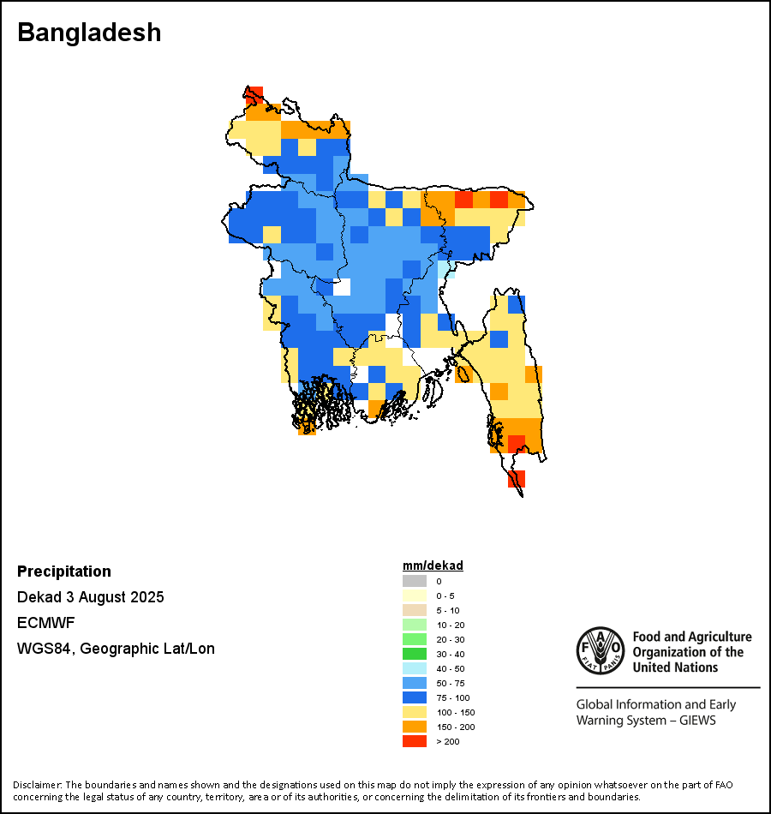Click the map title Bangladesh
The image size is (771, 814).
click(x=89, y=33)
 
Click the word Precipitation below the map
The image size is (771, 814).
click(x=64, y=572)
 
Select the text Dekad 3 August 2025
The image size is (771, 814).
click(x=91, y=597)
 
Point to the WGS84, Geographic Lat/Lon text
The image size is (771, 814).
click(x=116, y=649)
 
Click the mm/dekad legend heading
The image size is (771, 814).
click(x=433, y=566)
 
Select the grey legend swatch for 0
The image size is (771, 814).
click(x=414, y=581)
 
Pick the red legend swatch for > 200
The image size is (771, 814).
click(x=414, y=741)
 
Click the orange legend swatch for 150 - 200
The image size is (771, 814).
click(x=414, y=727)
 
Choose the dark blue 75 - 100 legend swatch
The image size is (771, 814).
click(x=414, y=697)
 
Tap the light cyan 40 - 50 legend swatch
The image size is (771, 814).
click(x=414, y=668)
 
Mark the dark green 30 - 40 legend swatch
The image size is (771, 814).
click(x=414, y=654)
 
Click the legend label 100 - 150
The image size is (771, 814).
click(x=455, y=713)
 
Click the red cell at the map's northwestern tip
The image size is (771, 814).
click(x=254, y=95)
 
